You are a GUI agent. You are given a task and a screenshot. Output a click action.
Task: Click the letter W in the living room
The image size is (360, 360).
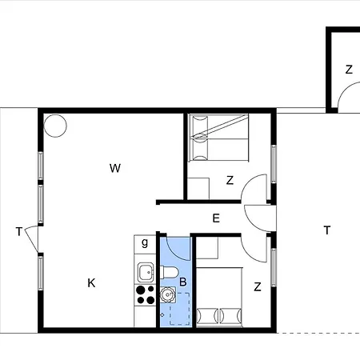(115, 168)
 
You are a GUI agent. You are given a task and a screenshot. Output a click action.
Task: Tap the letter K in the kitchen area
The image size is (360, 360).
(91, 282)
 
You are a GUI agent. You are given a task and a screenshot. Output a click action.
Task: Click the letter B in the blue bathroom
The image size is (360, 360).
(182, 282)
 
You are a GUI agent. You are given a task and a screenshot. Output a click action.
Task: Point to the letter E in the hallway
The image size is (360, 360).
(216, 218)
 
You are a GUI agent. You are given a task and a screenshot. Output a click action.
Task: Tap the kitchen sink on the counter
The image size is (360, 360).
(145, 270)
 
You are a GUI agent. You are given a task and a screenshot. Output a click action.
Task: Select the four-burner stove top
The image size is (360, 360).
(145, 294)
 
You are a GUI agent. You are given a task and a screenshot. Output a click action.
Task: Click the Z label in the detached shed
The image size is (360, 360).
(349, 70)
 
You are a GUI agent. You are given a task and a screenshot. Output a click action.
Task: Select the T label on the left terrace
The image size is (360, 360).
(18, 232)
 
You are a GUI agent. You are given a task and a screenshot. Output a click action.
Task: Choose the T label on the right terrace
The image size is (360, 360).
(326, 231)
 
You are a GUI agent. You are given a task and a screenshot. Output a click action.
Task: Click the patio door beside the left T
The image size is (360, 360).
(32, 238)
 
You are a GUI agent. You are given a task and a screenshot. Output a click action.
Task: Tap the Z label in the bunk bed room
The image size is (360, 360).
(230, 181)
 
